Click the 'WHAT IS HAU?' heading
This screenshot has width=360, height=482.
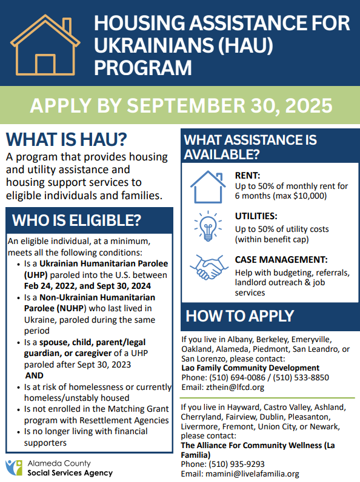66,139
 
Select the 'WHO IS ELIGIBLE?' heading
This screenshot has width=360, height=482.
76,219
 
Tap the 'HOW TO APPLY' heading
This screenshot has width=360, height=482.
239,315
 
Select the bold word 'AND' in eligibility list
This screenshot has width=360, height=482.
30,375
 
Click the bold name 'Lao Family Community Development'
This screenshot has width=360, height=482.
250,368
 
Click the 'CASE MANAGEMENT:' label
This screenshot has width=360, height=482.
281,259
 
